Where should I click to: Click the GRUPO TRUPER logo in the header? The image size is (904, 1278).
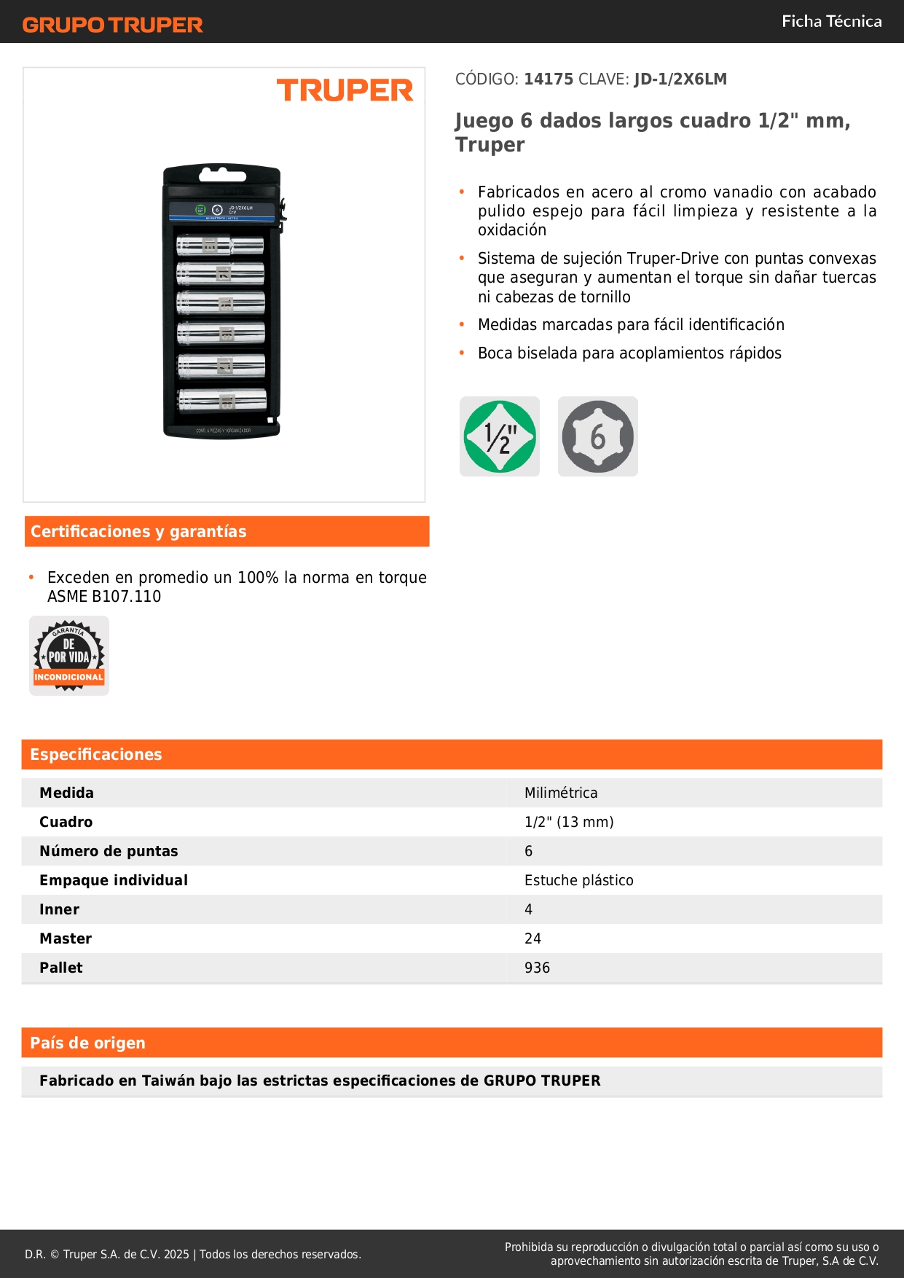point(112,25)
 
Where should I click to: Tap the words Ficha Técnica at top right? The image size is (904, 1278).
point(831,21)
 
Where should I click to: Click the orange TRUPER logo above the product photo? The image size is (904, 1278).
point(345,90)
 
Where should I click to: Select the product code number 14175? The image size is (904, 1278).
point(549,79)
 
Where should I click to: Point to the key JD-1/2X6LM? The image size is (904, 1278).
point(680,79)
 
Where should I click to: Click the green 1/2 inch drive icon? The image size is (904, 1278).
point(500,436)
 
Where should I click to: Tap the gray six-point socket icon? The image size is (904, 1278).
point(597,436)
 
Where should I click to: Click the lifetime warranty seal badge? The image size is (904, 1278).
point(69,656)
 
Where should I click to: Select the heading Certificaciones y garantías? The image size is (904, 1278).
point(138,531)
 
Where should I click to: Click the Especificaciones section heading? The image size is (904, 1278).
point(96,754)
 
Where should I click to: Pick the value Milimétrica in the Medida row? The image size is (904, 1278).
point(561,793)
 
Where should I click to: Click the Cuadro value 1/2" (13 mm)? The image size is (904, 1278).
point(569,822)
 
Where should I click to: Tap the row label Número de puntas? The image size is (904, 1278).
point(109,851)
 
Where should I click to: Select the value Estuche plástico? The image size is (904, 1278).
point(579,880)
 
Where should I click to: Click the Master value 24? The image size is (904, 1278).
point(532,938)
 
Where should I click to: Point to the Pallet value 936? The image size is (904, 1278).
point(537,968)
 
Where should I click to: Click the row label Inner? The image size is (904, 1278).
point(59,909)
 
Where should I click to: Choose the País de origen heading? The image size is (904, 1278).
point(87,1043)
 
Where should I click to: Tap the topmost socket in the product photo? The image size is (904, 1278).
point(220,245)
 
